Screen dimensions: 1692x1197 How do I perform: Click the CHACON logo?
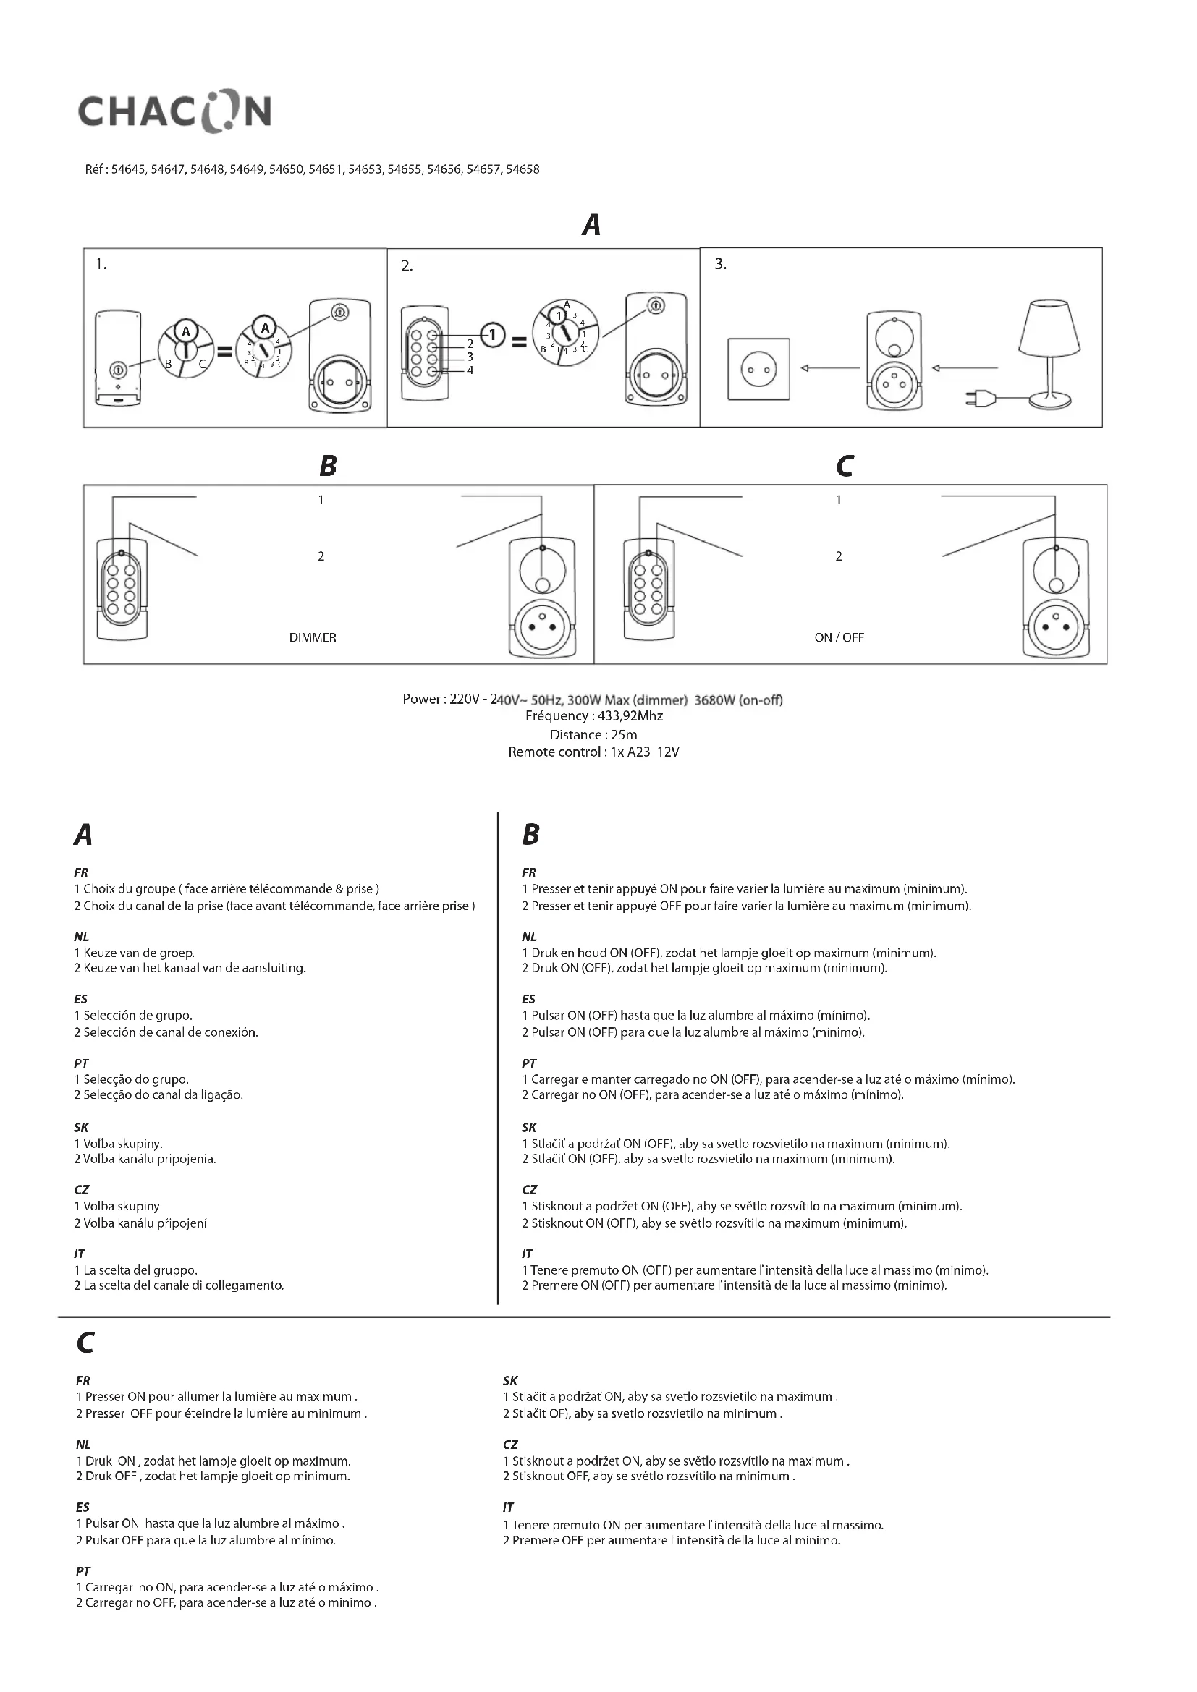174,113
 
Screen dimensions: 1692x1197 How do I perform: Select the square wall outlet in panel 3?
758,369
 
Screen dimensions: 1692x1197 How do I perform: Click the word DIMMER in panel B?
313,637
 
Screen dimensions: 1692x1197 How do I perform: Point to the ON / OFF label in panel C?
839,637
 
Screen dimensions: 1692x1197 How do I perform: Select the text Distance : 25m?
593,735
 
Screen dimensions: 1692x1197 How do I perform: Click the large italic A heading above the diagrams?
591,225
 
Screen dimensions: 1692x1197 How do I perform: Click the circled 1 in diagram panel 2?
492,336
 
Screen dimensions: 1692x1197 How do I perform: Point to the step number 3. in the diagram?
720,264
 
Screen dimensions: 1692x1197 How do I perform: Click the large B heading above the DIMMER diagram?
328,466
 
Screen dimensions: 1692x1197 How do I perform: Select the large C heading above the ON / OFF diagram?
845,466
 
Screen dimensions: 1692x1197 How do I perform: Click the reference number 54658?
523,169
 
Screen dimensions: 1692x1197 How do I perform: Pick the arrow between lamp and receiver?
965,367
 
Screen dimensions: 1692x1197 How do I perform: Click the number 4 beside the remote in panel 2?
470,370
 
